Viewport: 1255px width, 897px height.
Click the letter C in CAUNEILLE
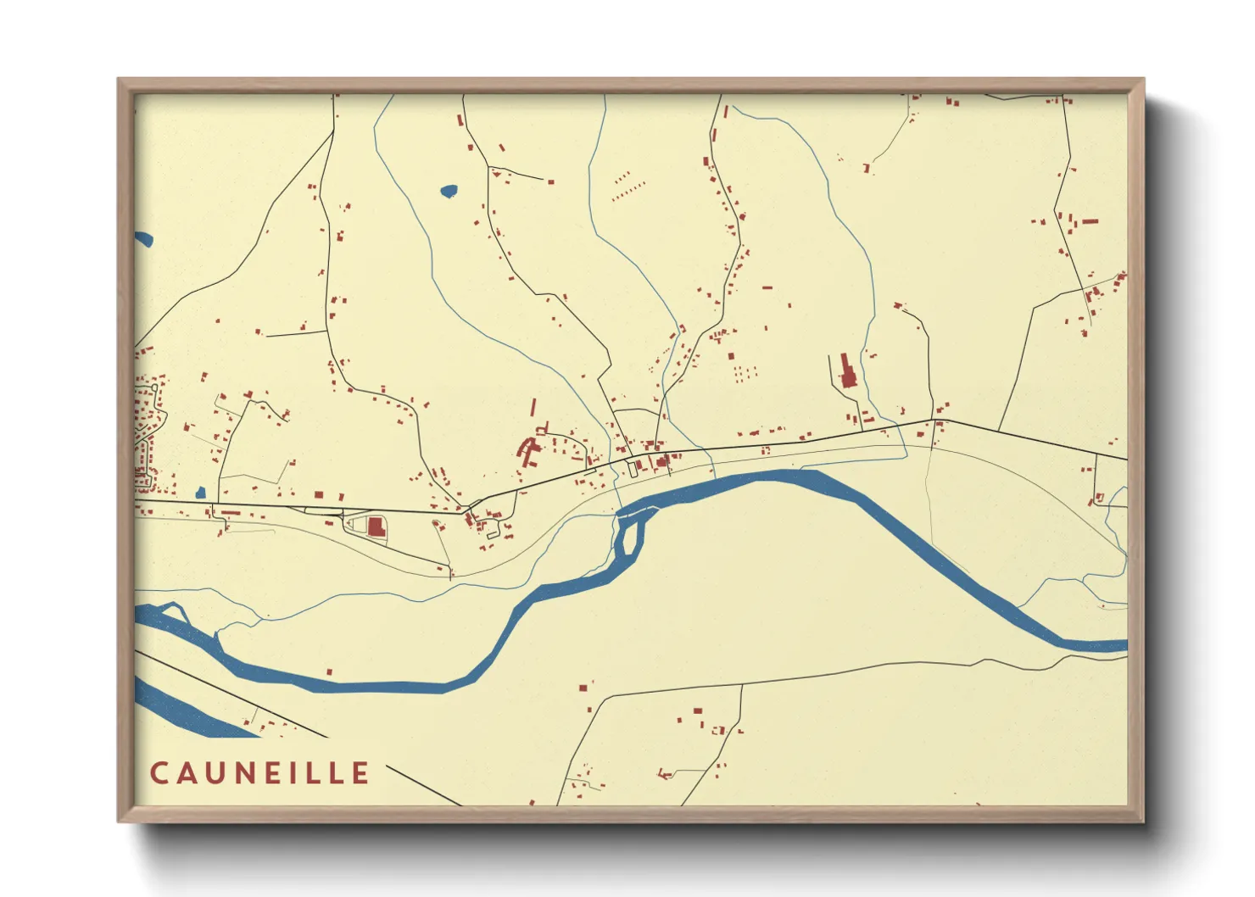tap(159, 773)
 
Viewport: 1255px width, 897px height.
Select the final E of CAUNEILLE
tap(360, 773)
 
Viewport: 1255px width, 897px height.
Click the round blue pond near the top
tap(449, 191)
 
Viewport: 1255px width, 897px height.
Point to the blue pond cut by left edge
tap(143, 239)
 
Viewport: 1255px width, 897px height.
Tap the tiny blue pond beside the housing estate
tap(200, 493)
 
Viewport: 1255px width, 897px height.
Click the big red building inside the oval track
tap(376, 527)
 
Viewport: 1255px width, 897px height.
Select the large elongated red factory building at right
tap(847, 372)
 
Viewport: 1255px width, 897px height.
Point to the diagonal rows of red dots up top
tap(628, 186)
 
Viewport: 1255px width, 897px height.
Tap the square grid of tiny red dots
tap(745, 373)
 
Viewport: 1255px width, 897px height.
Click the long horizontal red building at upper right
tap(1090, 221)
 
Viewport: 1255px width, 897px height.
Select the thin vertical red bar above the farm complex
tap(533, 408)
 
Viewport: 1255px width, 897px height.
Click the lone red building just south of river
tap(329, 672)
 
